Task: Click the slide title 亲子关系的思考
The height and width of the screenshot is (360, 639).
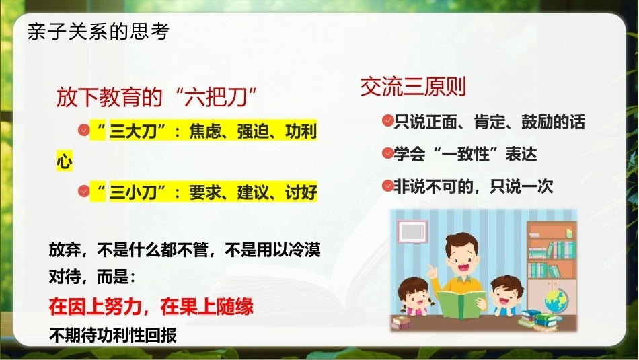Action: pos(98,32)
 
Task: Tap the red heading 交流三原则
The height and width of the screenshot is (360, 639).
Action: pos(413,86)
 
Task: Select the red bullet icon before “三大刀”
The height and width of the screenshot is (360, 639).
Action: pos(83,130)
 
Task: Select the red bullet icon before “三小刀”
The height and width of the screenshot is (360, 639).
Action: pos(83,191)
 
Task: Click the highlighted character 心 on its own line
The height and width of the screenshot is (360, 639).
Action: pos(65,161)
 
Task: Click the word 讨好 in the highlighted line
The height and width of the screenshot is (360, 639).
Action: pos(301,192)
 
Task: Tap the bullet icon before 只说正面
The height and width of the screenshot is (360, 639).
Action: pos(387,120)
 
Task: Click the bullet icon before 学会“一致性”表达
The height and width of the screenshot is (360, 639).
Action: pos(387,153)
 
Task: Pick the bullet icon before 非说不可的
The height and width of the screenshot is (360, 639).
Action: pos(387,186)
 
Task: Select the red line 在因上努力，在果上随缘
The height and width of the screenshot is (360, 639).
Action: pos(151,307)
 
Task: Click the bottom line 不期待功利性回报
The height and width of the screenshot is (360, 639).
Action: pos(113,335)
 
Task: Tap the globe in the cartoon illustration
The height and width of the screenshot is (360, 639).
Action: pos(556,301)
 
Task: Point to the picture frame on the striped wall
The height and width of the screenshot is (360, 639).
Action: pos(413,231)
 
